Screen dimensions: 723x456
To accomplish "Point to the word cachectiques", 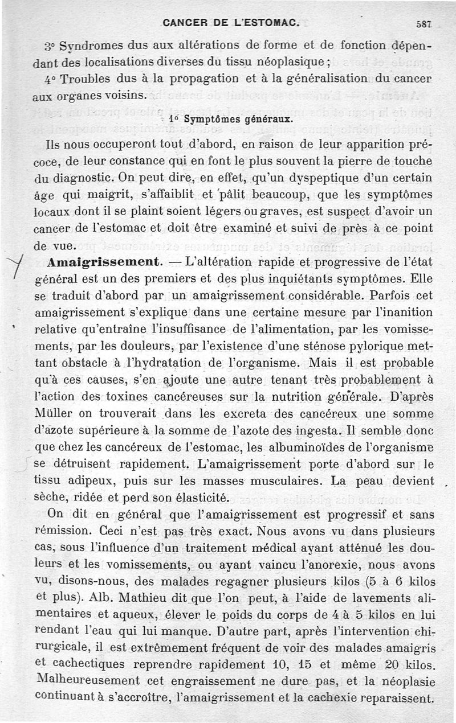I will pos(85,664).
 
